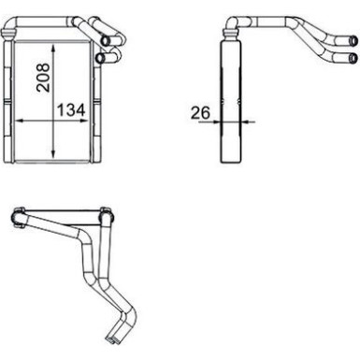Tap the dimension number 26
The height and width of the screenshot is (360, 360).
199,113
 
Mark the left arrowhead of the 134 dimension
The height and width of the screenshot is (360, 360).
20,122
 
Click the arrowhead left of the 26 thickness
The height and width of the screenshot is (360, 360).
218,122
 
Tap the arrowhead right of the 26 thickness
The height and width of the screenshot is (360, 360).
243,122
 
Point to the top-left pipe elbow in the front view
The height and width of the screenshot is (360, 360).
12,33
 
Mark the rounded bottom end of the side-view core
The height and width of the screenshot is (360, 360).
231,160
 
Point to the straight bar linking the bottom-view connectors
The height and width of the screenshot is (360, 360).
62,216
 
